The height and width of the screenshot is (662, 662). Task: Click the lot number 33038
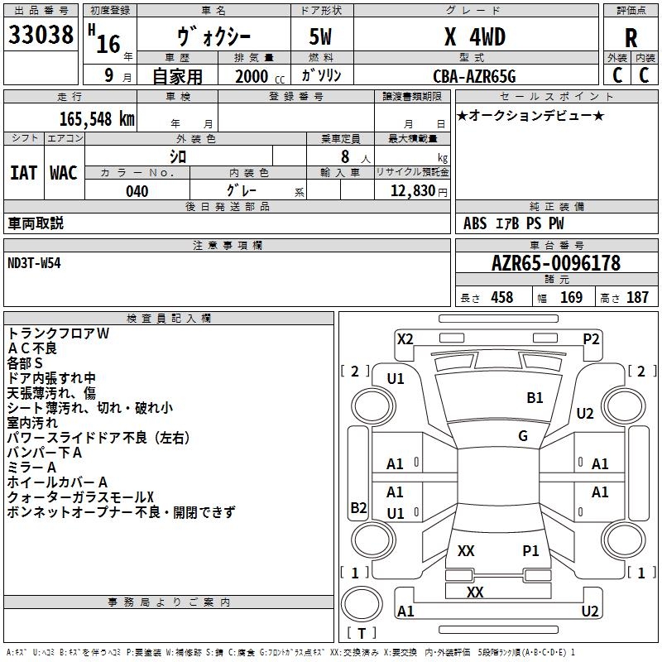[41, 35]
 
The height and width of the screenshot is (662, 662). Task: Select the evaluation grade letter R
[631, 38]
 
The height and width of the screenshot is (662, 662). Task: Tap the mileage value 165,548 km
[97, 119]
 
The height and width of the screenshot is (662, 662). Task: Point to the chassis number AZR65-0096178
[556, 263]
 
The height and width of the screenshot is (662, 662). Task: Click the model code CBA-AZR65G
[474, 76]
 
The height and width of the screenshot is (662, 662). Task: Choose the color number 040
[137, 191]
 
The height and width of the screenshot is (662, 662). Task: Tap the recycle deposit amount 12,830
[412, 190]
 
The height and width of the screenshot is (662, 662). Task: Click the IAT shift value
[24, 173]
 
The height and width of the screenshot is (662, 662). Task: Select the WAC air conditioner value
[64, 173]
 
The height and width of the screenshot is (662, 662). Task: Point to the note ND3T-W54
[34, 263]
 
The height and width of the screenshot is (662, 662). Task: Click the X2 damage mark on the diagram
[405, 339]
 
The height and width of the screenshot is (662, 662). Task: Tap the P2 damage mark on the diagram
[591, 339]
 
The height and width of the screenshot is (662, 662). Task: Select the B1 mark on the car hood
[535, 397]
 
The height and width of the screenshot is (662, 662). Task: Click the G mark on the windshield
[523, 435]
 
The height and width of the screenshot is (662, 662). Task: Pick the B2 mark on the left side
[358, 507]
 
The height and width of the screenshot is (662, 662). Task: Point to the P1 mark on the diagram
[530, 550]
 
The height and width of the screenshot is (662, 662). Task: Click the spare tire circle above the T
[362, 604]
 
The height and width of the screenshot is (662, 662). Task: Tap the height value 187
[637, 297]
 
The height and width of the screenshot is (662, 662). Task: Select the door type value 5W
[320, 36]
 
